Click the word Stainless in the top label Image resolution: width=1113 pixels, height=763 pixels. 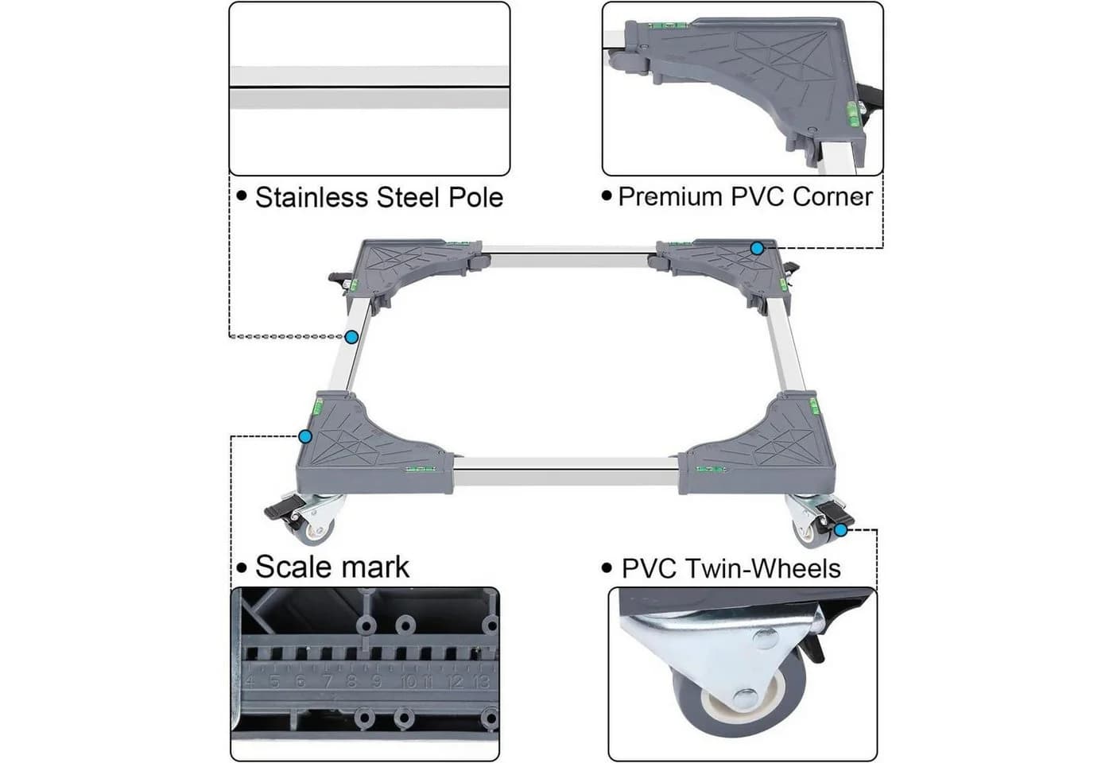tap(312, 197)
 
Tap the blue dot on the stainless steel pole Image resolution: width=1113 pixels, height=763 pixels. tap(351, 337)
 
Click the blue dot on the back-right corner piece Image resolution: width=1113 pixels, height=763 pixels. tap(757, 248)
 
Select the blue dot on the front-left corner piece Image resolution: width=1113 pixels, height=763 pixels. tap(305, 437)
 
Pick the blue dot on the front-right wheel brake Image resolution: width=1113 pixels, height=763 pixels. tap(840, 531)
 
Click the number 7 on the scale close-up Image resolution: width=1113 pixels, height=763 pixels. tap(327, 681)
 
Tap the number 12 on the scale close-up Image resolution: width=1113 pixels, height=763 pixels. tap(455, 681)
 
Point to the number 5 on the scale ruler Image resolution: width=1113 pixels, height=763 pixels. tap(273, 681)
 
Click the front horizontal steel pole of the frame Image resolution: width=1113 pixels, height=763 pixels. tap(566, 471)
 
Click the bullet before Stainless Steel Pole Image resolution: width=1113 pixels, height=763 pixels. tap(242, 196)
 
